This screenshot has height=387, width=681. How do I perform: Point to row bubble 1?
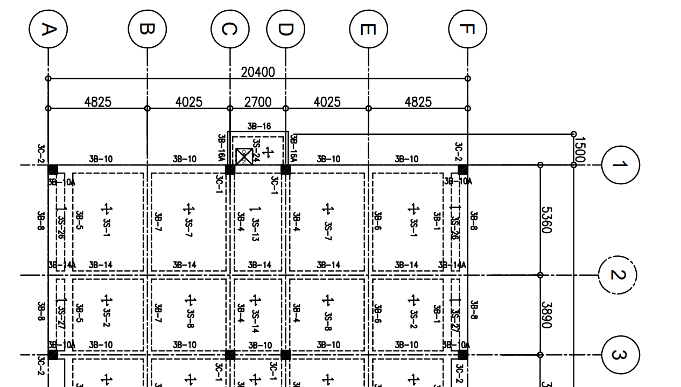pos(620,164)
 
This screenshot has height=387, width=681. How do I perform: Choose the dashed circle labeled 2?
pos(617,275)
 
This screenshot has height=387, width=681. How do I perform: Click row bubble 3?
pos(620,355)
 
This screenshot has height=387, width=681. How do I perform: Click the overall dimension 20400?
pos(257,72)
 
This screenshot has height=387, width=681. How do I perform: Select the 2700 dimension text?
pos(258,102)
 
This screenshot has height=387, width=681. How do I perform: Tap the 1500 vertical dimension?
pos(579,149)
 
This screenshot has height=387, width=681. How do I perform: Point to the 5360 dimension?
pos(546,220)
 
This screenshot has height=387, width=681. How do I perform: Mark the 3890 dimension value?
pos(546,315)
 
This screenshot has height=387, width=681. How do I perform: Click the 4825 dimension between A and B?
pos(98,102)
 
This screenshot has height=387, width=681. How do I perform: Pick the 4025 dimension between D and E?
pos(327,102)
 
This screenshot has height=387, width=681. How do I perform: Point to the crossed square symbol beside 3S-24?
pos(244,156)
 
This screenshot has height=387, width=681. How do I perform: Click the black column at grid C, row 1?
pos(230,169)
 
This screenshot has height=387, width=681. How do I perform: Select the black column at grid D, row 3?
pos(286,355)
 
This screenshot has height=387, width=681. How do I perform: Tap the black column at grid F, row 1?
pos(462,169)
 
